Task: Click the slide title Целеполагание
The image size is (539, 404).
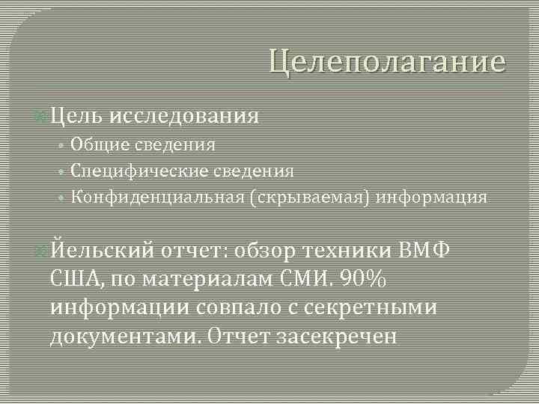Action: tap(387, 61)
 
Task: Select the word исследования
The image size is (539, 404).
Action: tap(184, 116)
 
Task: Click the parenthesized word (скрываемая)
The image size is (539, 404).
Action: tap(310, 198)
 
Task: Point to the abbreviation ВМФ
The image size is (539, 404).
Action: tap(424, 249)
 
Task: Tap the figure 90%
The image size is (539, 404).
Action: tap(362, 279)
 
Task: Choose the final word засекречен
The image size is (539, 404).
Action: tap(336, 337)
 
